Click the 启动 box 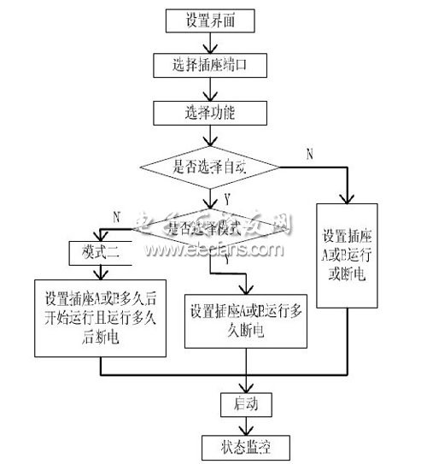(246, 402)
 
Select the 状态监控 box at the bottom (246, 445)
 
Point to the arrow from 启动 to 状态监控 (246, 424)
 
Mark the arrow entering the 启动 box (246, 383)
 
